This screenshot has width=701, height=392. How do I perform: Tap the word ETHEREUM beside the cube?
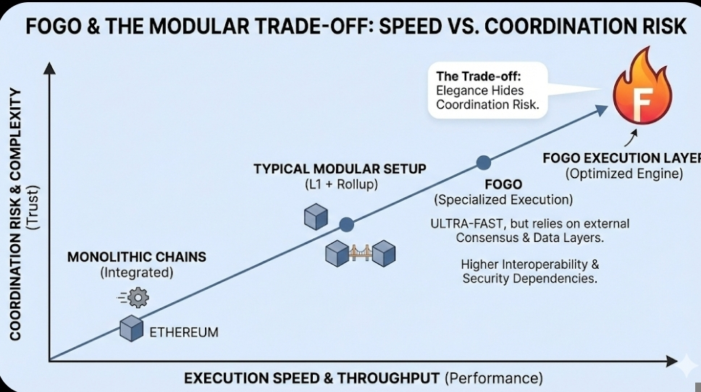point(183,333)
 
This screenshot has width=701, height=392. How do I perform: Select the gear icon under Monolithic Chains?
point(137,296)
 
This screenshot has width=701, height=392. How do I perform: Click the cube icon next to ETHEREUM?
point(132,328)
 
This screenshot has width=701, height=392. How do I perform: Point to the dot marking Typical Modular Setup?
point(346,225)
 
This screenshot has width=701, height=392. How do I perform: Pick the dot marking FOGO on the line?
point(483,162)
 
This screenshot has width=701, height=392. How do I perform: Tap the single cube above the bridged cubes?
point(316,217)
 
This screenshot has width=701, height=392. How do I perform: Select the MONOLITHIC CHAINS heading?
point(137,257)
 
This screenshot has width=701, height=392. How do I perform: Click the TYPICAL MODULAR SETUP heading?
point(340,169)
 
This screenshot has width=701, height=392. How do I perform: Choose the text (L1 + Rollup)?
point(340,185)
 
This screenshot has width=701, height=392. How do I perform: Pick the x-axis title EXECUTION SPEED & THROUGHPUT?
point(311,378)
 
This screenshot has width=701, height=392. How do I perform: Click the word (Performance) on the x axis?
point(493,378)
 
